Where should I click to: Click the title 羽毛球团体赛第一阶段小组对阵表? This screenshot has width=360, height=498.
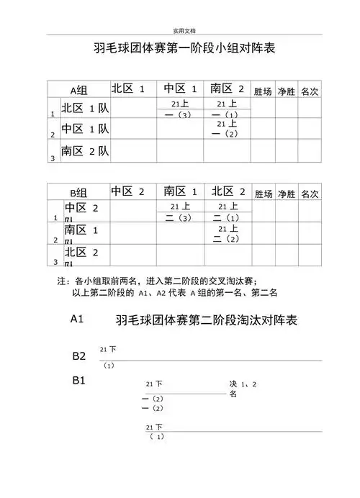coord(185,50)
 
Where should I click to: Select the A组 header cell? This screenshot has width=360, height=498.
coord(78,91)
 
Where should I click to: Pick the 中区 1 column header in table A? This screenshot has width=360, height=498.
coord(180,89)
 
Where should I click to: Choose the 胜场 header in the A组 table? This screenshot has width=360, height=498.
coord(263,92)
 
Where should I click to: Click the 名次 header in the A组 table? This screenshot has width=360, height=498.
coord(310,92)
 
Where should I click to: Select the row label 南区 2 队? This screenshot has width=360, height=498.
coord(85,151)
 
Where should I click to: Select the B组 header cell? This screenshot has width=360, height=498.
coord(78,194)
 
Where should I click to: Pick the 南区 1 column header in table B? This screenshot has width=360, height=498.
coord(180,192)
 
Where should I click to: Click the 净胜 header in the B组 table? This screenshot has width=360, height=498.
coord(287,194)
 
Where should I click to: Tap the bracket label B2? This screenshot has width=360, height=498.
coord(79,356)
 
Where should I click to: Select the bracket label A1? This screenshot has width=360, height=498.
coord(79,317)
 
